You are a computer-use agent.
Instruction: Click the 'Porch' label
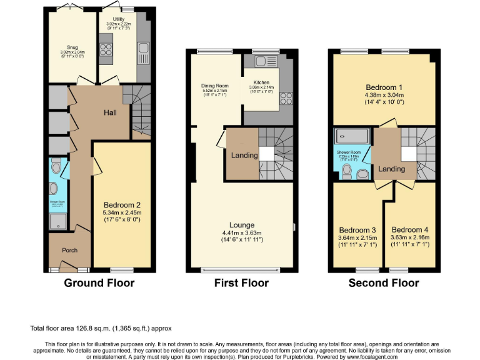pos(69,250)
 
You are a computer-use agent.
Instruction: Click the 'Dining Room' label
pos(214,86)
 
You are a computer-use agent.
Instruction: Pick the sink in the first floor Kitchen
pos(261,61)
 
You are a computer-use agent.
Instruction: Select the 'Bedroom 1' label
pos(383,87)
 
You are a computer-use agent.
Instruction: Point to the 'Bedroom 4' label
pos(410,229)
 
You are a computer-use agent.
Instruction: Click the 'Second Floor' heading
pos(383,282)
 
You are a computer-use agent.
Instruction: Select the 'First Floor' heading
pos(241,282)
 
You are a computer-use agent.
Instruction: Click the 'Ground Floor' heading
pos(99,282)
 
